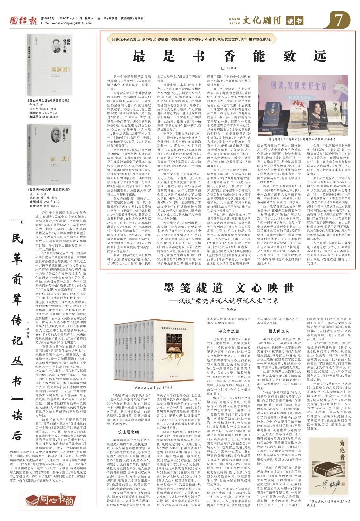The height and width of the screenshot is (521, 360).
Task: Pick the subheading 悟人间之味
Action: coord(279,331)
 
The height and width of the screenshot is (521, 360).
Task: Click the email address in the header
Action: coord(63,23)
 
